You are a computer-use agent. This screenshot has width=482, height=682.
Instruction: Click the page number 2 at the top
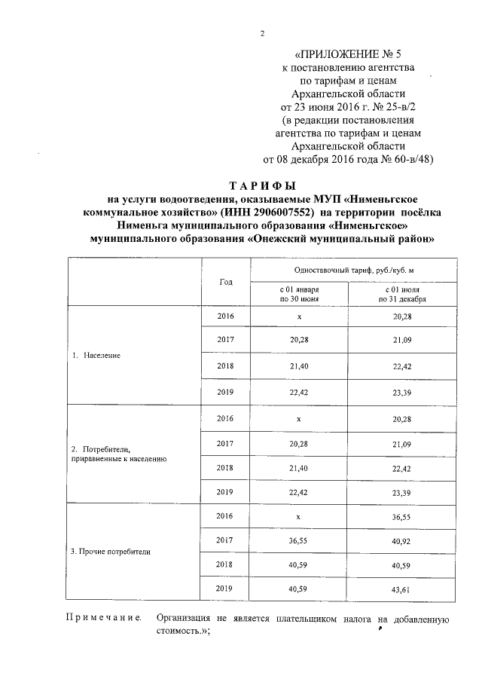click(262, 34)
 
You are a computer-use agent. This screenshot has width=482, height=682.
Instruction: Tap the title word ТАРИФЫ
click(262, 186)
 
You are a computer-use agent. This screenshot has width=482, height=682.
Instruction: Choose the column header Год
click(226, 281)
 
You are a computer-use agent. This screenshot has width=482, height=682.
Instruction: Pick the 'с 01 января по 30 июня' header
click(299, 294)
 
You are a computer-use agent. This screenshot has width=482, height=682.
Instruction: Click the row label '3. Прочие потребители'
click(110, 552)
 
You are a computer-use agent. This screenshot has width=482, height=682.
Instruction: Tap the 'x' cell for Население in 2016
click(299, 317)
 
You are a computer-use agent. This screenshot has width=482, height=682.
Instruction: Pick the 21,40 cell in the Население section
click(299, 365)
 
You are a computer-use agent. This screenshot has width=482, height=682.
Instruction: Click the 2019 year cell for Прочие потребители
click(225, 590)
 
